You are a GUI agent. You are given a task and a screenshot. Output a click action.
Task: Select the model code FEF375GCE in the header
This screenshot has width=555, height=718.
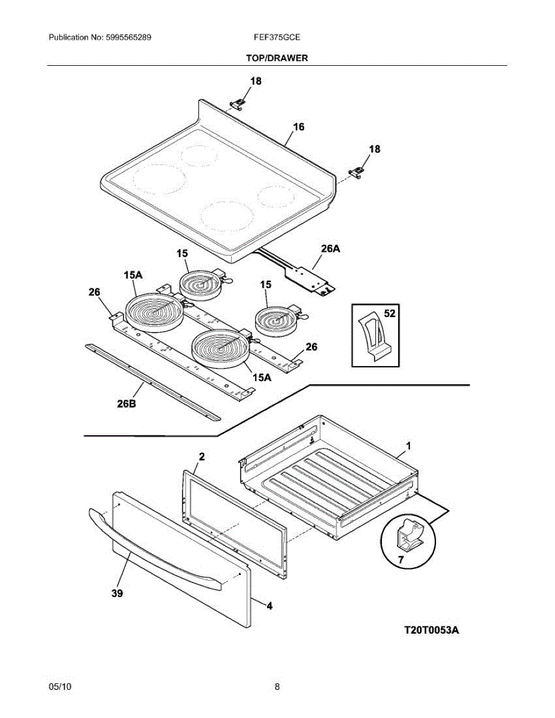[x=277, y=37]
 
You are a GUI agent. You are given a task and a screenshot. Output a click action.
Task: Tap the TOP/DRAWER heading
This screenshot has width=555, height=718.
[x=277, y=58]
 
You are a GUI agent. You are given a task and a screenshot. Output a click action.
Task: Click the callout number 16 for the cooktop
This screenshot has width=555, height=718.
[x=299, y=127]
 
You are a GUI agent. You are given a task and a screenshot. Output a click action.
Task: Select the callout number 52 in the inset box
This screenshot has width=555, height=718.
[x=389, y=313]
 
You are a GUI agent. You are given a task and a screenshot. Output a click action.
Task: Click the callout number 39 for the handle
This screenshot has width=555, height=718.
[x=117, y=594]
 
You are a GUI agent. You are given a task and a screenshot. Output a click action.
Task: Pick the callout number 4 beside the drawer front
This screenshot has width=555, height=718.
[x=269, y=606]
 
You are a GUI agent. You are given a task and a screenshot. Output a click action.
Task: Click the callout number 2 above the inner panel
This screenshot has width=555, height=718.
[x=202, y=457]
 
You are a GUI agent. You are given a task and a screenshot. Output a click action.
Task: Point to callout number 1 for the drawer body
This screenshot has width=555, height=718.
[x=408, y=446]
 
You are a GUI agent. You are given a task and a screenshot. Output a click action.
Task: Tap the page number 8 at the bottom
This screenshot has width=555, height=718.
[x=277, y=687]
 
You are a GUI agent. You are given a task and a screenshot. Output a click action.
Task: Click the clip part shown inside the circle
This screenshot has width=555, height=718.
[x=410, y=534]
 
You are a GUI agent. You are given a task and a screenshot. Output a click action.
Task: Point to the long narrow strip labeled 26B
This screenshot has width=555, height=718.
[x=153, y=381]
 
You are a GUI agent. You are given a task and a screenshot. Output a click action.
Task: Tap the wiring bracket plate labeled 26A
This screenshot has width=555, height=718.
[x=312, y=278]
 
